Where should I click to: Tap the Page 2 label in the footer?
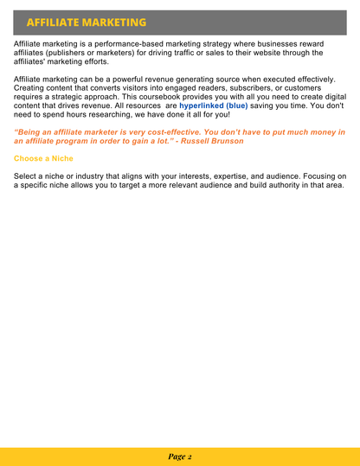pyautogui.click(x=180, y=456)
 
